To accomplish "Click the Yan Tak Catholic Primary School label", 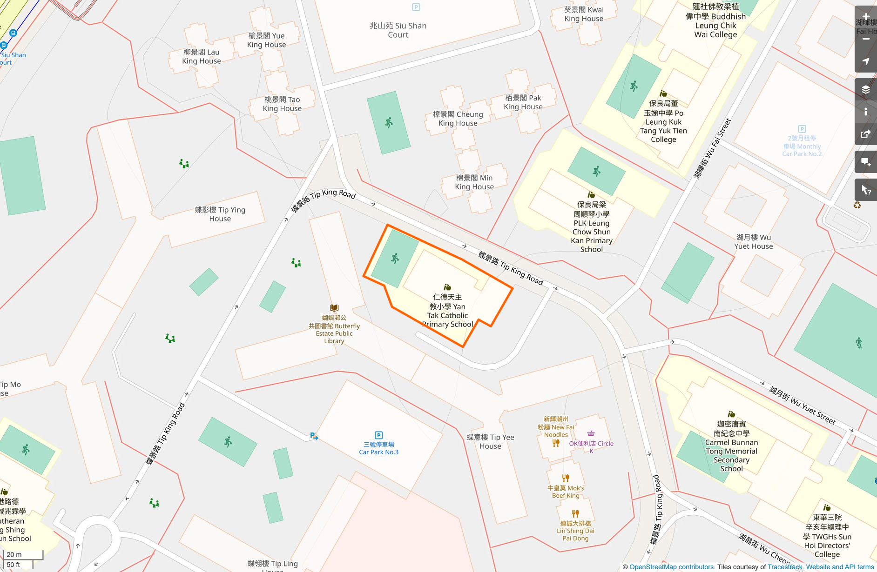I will point(447,311).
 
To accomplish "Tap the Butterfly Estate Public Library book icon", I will point(334,308).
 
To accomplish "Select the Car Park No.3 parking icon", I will point(378,435).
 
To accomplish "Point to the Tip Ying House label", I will point(220,214).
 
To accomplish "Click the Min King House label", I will point(474,182).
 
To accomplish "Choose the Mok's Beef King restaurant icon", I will point(566,478).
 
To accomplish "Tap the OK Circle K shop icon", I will point(591,433).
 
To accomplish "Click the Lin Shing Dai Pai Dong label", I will point(575,531).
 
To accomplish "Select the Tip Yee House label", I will point(490,442).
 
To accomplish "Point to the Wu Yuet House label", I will point(753,242).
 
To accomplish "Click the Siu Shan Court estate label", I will point(398,30).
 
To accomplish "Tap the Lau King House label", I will point(201,56).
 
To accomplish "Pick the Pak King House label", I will point(523,102).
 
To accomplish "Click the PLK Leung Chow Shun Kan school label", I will point(591,227).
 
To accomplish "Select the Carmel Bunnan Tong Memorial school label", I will point(731,446).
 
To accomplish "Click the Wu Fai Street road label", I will point(712,149).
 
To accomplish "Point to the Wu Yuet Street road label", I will point(802,405).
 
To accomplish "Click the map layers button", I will point(865,90).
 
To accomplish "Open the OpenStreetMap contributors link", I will point(671,567).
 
